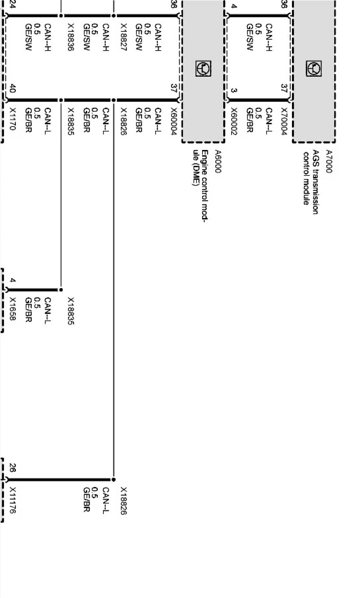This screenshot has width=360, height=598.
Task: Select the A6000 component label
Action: [218, 161]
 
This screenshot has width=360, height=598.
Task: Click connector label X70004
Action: [284, 121]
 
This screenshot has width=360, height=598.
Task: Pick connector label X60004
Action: [173, 121]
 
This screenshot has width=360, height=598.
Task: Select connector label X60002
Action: [234, 121]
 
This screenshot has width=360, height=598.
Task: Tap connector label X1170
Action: [12, 119]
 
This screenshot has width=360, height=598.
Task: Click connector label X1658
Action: [12, 309]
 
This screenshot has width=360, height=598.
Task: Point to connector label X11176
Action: [12, 500]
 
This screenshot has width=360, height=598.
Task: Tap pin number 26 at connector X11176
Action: [12, 470]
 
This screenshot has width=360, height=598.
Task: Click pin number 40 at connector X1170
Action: [12, 89]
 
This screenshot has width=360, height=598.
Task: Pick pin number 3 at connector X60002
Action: [234, 91]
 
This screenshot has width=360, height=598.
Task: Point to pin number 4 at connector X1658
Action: [12, 280]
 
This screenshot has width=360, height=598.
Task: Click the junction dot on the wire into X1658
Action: [61, 290]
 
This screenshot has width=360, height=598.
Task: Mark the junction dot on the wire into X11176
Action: [113, 480]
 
